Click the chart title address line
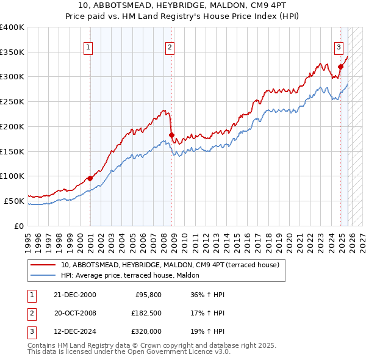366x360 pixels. tap(182, 6)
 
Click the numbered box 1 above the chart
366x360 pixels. tap(88, 47)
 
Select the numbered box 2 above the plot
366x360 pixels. tap(170, 47)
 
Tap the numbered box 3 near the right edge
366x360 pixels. tap(339, 47)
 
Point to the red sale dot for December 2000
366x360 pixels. tap(90, 178)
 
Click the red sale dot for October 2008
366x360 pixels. tap(171, 135)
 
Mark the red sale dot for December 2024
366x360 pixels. tap(340, 67)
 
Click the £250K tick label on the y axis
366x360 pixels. tap(12, 102)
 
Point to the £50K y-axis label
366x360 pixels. tap(15, 201)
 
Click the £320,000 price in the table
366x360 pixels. tap(147, 331)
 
